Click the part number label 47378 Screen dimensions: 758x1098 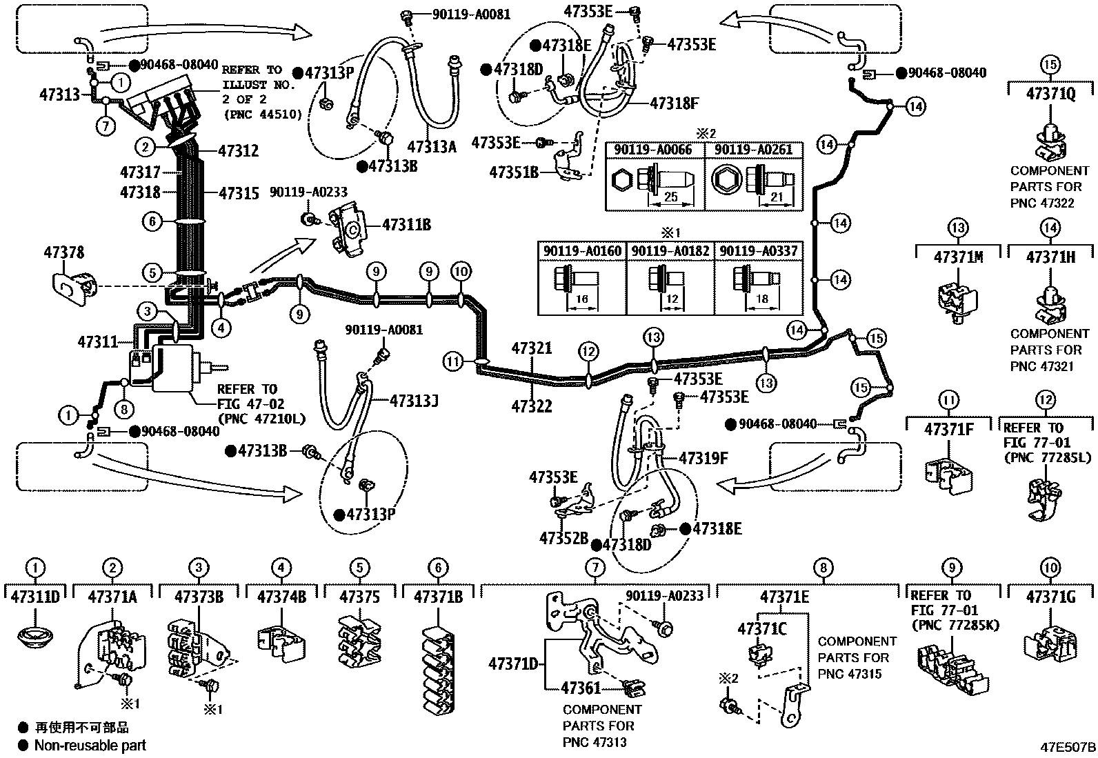click(x=64, y=252)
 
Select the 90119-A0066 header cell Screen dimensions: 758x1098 click(x=655, y=150)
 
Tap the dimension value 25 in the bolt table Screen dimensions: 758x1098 click(x=670, y=197)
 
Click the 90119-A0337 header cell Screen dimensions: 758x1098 click(x=758, y=251)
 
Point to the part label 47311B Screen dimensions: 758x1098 click(x=406, y=224)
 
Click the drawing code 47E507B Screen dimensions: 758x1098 click(x=1068, y=747)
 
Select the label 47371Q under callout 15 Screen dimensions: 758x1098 click(x=1050, y=94)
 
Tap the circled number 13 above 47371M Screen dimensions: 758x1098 click(x=957, y=228)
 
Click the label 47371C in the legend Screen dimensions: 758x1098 click(x=761, y=629)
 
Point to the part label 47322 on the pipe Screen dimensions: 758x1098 click(x=531, y=406)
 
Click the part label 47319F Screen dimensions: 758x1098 click(x=703, y=457)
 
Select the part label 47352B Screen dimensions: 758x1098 click(x=563, y=538)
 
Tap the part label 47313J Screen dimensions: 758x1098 click(x=414, y=400)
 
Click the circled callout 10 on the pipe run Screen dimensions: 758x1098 click(x=461, y=272)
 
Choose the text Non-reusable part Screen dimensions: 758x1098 click(x=90, y=745)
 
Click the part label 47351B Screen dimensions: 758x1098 click(x=514, y=172)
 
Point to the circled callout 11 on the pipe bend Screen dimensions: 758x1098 click(x=452, y=361)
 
